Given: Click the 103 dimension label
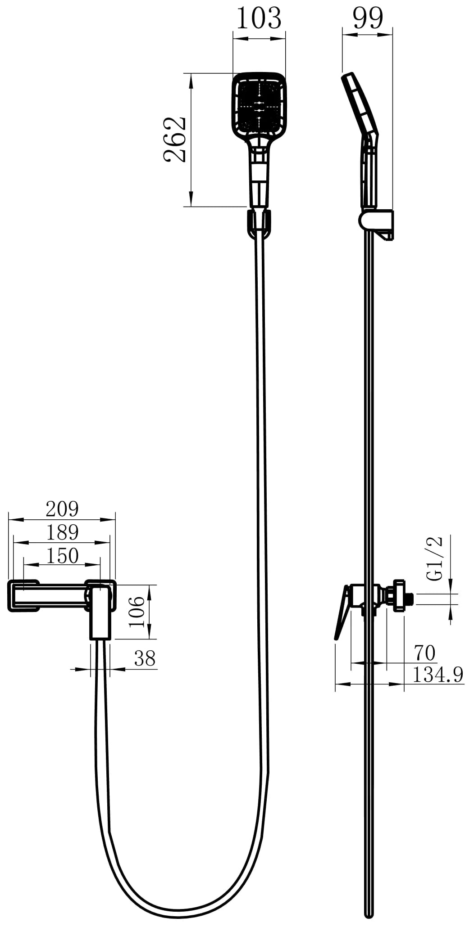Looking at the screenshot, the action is click(x=259, y=19).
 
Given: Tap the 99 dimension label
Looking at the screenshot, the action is click(x=368, y=19).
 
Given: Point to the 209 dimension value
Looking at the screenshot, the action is click(x=62, y=509).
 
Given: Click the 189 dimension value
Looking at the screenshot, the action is click(x=62, y=532).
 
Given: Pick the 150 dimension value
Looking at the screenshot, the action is click(x=62, y=556).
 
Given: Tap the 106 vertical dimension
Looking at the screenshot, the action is click(x=136, y=612).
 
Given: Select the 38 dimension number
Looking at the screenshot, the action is click(x=145, y=659).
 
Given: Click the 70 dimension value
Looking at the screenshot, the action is click(x=424, y=652).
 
